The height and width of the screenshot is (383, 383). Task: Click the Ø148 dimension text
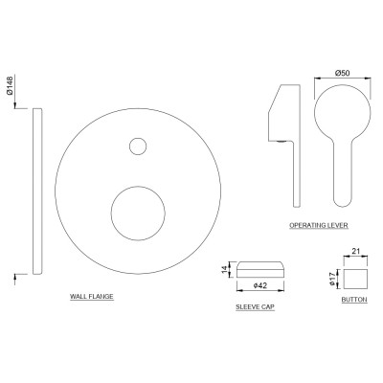click(x=10, y=85)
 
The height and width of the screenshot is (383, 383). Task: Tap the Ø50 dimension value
click(x=342, y=73)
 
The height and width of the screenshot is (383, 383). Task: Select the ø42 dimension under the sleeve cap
click(x=259, y=285)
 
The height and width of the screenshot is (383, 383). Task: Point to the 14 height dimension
click(x=226, y=269)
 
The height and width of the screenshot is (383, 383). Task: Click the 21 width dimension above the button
click(x=355, y=251)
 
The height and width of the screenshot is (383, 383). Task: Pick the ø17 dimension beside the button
click(x=333, y=279)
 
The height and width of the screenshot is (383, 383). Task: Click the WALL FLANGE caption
click(x=92, y=297)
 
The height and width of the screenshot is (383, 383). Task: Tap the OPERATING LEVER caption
click(x=319, y=225)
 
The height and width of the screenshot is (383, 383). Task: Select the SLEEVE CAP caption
click(x=255, y=307)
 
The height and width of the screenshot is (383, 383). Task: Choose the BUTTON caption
click(x=354, y=300)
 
